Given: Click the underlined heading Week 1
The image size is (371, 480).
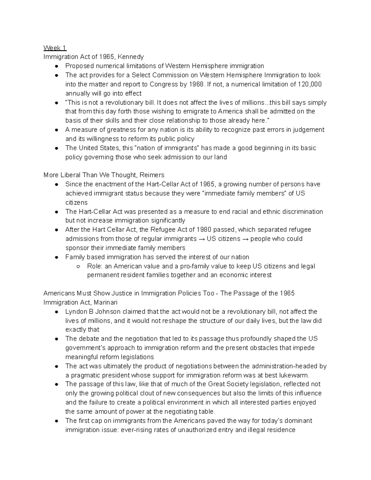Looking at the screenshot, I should (x=55, y=48).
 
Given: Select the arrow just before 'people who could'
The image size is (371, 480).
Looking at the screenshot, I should (x=245, y=239).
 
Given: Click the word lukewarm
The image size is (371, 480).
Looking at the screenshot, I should (x=295, y=376).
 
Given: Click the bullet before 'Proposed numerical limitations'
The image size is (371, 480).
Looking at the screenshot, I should (x=56, y=66).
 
